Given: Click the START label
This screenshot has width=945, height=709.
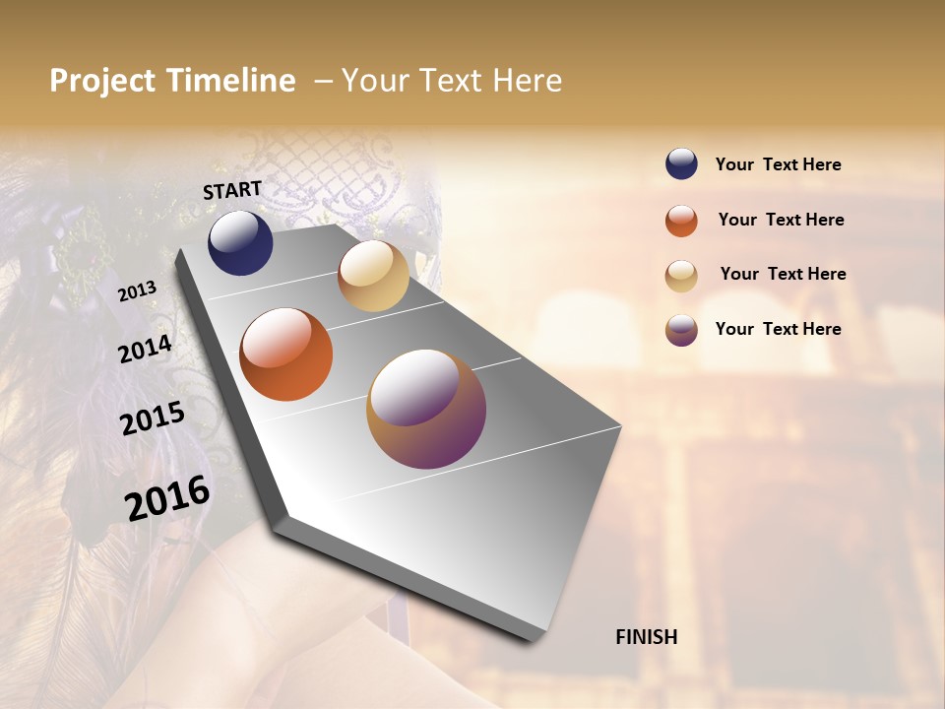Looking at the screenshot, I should [x=232, y=189].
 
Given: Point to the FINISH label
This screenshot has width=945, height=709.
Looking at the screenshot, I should [x=647, y=637].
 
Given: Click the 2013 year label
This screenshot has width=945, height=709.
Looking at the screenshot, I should [x=137, y=291].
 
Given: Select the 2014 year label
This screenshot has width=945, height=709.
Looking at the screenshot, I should [x=145, y=349].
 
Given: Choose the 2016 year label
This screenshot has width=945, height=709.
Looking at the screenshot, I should [x=167, y=498].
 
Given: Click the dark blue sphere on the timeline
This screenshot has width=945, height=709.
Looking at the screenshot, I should [x=240, y=242].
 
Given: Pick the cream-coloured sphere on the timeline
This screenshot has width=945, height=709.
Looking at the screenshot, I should [x=373, y=276].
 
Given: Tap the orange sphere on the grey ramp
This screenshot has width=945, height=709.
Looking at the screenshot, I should [x=286, y=354].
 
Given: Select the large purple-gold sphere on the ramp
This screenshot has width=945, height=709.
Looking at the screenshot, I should [x=426, y=409].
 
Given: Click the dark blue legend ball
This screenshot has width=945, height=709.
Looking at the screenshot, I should [x=681, y=163].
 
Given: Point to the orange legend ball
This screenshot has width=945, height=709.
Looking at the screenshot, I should [x=681, y=221].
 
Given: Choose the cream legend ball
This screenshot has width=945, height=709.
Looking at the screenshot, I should [x=681, y=276].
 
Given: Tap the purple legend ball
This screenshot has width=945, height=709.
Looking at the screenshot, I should [x=681, y=330].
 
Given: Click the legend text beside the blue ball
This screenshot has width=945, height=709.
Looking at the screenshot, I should [x=778, y=164].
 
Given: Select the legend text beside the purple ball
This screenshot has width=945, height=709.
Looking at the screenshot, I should [x=778, y=329].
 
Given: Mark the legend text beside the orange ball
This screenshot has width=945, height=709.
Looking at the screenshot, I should [x=781, y=220].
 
